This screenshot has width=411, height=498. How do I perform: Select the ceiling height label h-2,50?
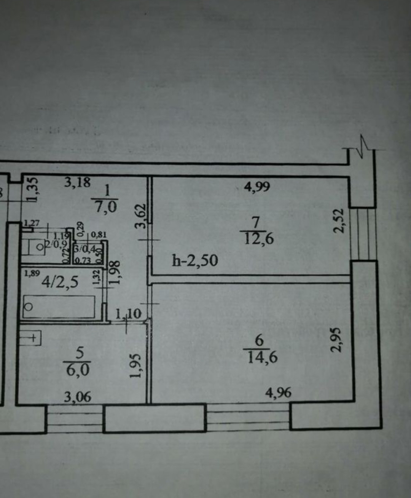195,261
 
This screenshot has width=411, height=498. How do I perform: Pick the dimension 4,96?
278,392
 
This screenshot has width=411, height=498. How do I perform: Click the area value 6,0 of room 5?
78,369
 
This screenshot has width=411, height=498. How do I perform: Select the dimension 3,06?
78,397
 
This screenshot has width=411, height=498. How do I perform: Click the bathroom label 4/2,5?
60,282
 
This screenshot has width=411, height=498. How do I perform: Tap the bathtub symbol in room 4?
59,306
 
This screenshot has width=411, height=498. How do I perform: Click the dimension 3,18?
77,182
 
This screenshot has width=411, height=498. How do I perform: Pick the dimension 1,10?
128,314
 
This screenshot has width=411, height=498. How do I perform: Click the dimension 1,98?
115,272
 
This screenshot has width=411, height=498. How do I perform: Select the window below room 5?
75,419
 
